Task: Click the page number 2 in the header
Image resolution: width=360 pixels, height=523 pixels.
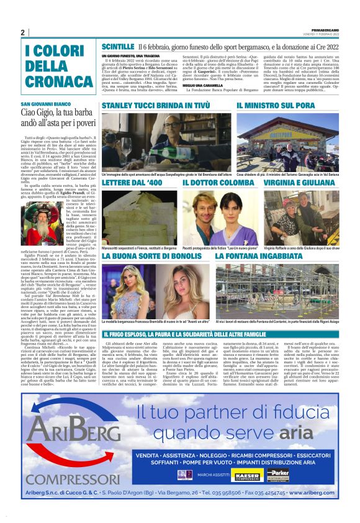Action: [x=23, y=32]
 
